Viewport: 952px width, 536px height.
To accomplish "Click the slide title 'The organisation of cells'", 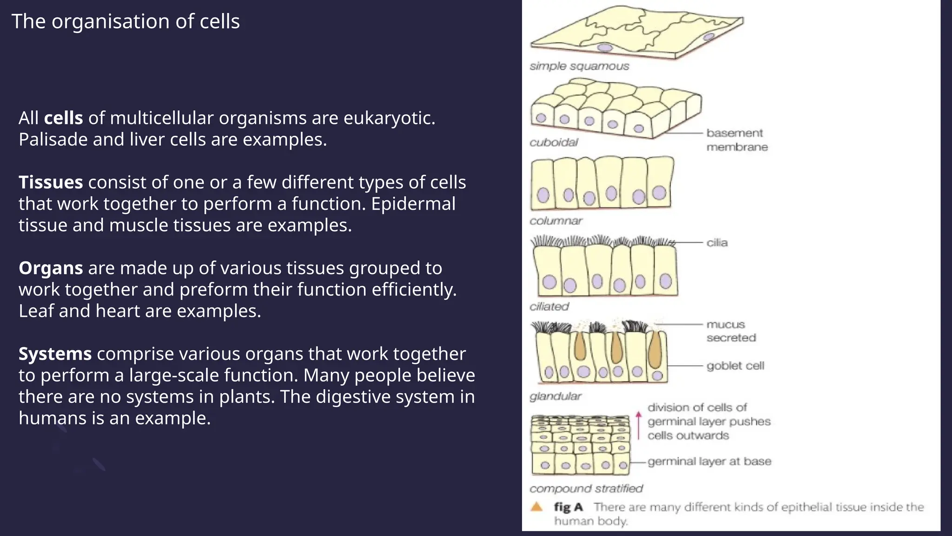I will (x=126, y=21).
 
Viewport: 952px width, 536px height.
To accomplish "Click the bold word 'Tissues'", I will (x=51, y=182).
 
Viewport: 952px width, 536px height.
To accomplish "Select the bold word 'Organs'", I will (x=51, y=268).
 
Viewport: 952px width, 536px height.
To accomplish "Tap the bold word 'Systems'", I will (x=55, y=354).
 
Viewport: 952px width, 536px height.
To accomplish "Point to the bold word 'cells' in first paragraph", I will (x=63, y=118).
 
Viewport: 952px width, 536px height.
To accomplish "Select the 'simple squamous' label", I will (x=579, y=66).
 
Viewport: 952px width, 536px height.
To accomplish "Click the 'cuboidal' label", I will (x=554, y=142).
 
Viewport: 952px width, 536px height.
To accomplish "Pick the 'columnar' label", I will (x=556, y=221).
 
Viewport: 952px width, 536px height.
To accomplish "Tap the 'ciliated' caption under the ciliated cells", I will (x=549, y=307).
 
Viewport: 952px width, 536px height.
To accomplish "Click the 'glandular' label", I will (x=555, y=396).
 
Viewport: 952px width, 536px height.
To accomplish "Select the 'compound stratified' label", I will (x=586, y=489).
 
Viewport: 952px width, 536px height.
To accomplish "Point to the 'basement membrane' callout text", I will (x=736, y=140).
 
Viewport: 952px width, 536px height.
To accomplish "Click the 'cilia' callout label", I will (x=717, y=243).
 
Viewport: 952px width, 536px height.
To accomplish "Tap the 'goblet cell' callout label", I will (x=735, y=366).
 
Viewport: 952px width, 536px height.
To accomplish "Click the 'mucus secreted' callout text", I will (x=731, y=331).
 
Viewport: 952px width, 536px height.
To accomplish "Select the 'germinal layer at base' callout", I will (x=709, y=462).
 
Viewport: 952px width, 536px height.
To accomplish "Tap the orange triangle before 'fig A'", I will (x=537, y=507).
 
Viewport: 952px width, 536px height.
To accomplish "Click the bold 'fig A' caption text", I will (x=568, y=507).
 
